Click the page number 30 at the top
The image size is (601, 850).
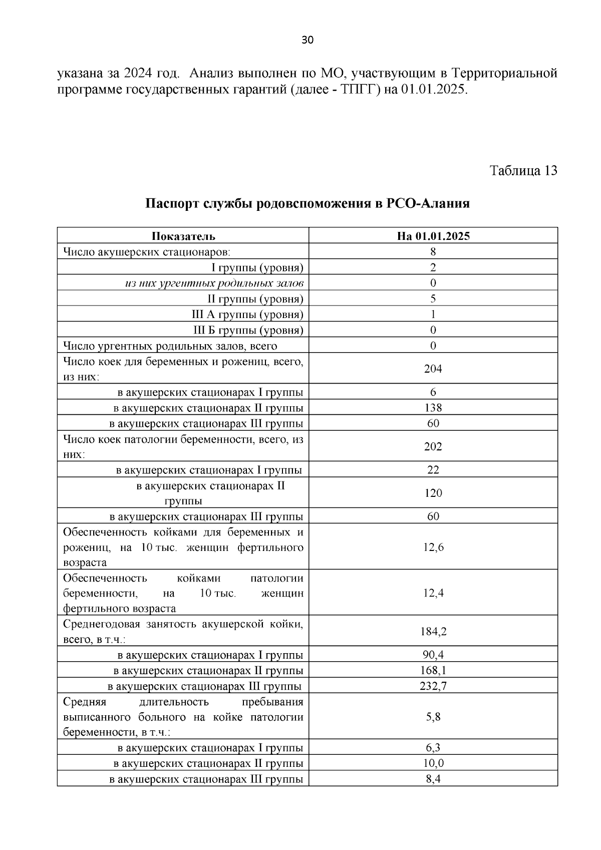[x=308, y=40]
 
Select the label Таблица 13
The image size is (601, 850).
[x=523, y=171]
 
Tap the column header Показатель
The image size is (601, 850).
[x=183, y=236]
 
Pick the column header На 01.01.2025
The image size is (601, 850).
[x=433, y=236]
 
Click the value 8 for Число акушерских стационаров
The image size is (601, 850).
[x=433, y=252]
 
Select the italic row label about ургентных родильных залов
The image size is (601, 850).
[x=214, y=284]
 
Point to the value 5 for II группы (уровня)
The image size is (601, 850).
[x=433, y=299]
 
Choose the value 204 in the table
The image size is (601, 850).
[x=433, y=369]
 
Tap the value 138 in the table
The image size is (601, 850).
[x=433, y=408]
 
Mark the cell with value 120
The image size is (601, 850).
[x=433, y=493]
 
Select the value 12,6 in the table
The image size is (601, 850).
[x=433, y=547]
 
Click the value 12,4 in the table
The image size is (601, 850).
[x=433, y=594]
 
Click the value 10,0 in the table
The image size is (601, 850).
[x=433, y=764]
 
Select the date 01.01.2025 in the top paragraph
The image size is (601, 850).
[x=434, y=90]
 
